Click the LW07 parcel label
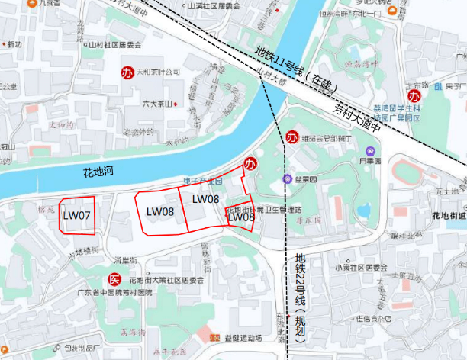tap(77, 216)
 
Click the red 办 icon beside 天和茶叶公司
tap(127, 72)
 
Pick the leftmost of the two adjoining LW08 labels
tap(160, 211)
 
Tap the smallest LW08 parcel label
tap(241, 217)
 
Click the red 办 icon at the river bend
tap(250, 163)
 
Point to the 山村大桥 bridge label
tap(271, 75)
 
